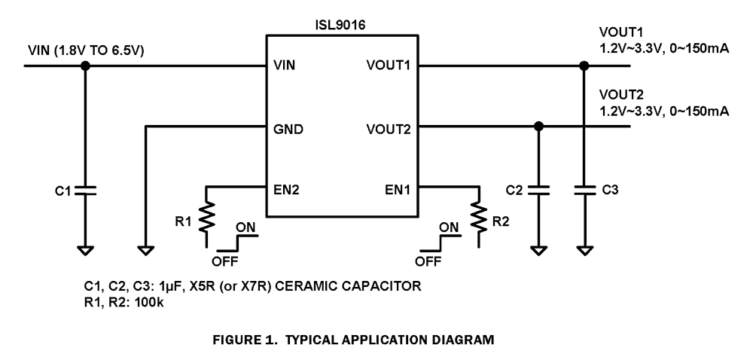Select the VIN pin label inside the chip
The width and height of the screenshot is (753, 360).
point(284,66)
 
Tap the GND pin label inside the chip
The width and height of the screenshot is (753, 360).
point(288,129)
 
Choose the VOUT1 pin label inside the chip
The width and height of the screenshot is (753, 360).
point(386,66)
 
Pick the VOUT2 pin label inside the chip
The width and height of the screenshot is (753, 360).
point(386,129)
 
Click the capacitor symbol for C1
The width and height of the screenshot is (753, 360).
point(85,191)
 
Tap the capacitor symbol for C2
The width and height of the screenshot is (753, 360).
point(538,190)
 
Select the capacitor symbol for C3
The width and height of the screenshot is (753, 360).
point(584,190)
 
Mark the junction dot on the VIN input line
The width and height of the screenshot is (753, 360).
point(85,66)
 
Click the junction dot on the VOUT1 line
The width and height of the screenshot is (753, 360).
point(584,66)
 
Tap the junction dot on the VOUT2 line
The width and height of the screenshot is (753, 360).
point(538,126)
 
